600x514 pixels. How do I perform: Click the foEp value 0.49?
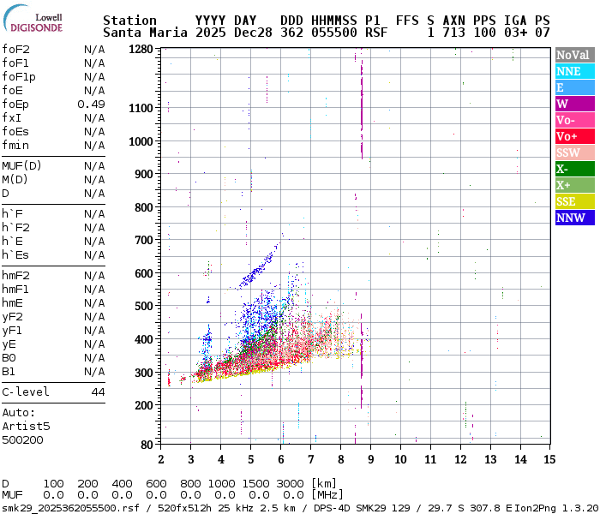(x=91, y=105)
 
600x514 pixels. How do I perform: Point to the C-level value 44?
(x=98, y=392)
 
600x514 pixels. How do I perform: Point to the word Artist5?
(x=26, y=426)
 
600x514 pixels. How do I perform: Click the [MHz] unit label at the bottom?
(x=326, y=494)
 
